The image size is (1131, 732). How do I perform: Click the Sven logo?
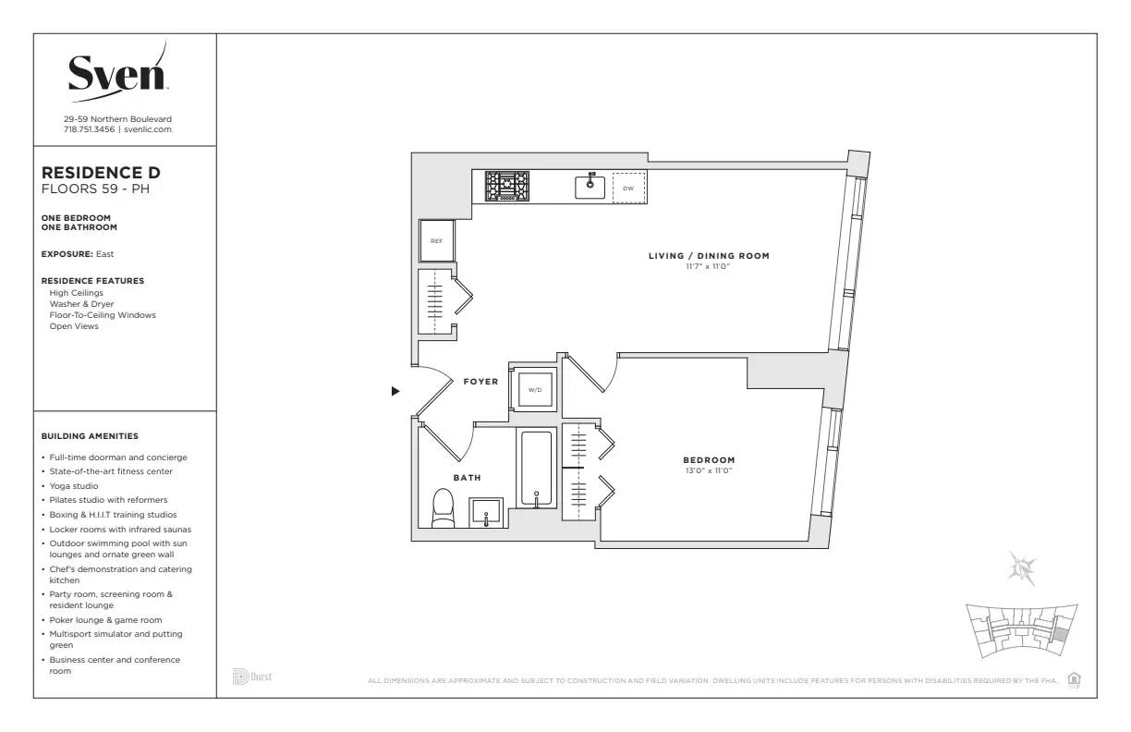(117, 72)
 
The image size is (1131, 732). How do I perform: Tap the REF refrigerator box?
(436, 240)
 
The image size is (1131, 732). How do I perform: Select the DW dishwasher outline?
(628, 188)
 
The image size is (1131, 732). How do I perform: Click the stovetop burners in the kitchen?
(508, 186)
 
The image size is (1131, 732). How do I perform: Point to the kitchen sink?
(590, 186)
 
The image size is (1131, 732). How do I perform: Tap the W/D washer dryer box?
(535, 390)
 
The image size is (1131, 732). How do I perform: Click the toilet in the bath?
(444, 508)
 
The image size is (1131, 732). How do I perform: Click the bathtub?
(536, 469)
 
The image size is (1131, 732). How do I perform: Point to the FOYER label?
(480, 381)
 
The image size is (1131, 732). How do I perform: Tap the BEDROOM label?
(709, 460)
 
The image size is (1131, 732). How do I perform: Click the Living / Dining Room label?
(708, 256)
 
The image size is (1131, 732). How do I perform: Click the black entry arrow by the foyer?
(395, 391)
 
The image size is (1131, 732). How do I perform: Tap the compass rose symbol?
(1023, 567)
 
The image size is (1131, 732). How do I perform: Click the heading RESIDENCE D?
(101, 173)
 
